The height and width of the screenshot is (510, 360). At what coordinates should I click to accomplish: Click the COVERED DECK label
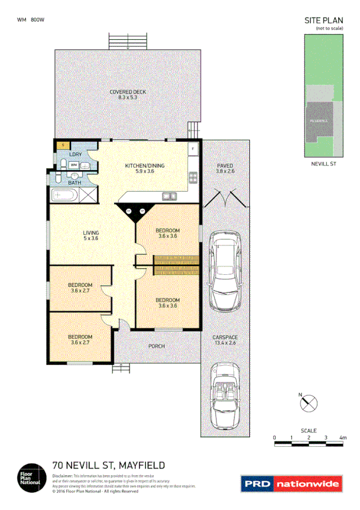point(127,92)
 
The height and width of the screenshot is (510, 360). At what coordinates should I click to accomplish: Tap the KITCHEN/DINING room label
point(144,166)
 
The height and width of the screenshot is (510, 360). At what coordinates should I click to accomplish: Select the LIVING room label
point(90,233)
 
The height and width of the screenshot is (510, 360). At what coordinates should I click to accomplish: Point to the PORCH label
point(156,346)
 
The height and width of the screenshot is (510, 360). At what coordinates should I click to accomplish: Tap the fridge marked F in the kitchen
point(192,148)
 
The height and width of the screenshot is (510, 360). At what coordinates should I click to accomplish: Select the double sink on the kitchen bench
point(169,195)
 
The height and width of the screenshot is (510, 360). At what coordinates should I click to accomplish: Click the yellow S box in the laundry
point(61,145)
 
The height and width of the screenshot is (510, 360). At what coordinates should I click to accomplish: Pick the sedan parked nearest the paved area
point(224,274)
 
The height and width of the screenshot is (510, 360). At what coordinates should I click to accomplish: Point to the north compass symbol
point(308,402)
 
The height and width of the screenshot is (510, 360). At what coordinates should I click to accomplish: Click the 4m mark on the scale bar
point(343,437)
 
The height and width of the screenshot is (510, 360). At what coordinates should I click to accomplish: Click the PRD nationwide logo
point(291,483)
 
